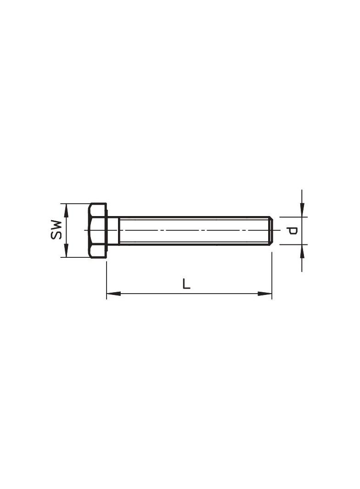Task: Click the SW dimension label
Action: (56, 230)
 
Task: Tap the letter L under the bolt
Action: (186, 283)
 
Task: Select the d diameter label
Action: (292, 231)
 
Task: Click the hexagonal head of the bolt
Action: (97, 230)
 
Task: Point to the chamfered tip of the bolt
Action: (271, 230)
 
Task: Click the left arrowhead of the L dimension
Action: (114, 294)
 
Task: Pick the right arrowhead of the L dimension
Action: (265, 294)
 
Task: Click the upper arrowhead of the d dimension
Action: (302, 210)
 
